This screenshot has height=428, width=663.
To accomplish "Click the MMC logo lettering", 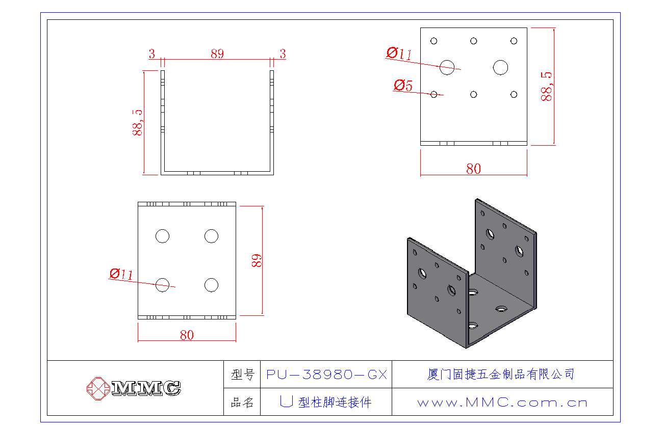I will pos(146,388).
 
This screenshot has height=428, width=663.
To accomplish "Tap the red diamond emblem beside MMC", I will pos(97,389).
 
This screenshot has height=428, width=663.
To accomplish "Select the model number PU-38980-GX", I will pos(326,375).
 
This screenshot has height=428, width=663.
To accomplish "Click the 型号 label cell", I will pos(242,375).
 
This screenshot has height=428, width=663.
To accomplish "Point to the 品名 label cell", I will pos(242,403).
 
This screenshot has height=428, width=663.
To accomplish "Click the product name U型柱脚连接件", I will pos(326,403).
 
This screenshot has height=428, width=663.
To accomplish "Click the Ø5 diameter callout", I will pos(403,86).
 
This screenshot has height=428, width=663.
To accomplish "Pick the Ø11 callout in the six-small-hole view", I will pos(399,53).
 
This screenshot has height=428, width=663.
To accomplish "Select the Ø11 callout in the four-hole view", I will pos(121,275).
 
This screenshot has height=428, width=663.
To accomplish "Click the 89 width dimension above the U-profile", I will pos(217,53).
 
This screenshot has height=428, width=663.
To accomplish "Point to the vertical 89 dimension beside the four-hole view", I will pos(257,260).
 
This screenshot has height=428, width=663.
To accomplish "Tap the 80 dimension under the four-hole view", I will pos(187,335).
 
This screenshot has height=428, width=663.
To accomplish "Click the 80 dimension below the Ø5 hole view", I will pos(473,169).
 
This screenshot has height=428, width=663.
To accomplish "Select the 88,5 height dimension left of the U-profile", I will pos(137,122).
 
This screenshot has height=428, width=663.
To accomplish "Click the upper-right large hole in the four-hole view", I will pos(211,236).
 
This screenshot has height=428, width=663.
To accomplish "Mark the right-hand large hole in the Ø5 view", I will pos(500,67).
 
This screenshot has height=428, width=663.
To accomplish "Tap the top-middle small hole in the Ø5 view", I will pos(474,41).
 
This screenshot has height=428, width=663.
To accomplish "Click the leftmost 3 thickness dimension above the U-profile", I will pos(152,53).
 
